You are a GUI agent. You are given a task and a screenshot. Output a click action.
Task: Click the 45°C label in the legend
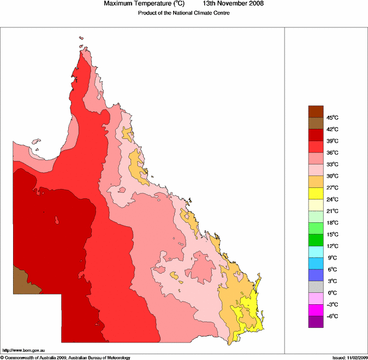(x=333, y=117)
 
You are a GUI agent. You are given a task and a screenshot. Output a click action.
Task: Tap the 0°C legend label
(x=333, y=293)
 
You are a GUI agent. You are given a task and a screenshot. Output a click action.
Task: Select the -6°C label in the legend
(x=333, y=316)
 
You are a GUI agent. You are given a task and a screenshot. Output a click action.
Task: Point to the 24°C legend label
(x=333, y=199)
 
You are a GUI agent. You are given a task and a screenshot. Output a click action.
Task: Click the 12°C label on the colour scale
(x=333, y=246)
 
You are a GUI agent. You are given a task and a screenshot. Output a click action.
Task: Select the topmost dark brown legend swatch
(x=316, y=111)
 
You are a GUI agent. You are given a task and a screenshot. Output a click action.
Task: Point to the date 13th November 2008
(x=233, y=4)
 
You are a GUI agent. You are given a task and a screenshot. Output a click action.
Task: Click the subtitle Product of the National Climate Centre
(x=183, y=13)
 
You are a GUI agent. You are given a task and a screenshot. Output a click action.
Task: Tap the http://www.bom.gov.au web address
(x=25, y=350)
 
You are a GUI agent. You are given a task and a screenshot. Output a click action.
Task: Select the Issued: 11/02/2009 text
(x=349, y=357)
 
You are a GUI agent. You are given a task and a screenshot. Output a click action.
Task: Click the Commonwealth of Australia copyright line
(x=66, y=357)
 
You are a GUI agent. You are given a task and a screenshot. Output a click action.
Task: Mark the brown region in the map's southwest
(x=25, y=282)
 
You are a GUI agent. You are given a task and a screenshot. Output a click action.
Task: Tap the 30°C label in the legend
(x=333, y=176)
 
